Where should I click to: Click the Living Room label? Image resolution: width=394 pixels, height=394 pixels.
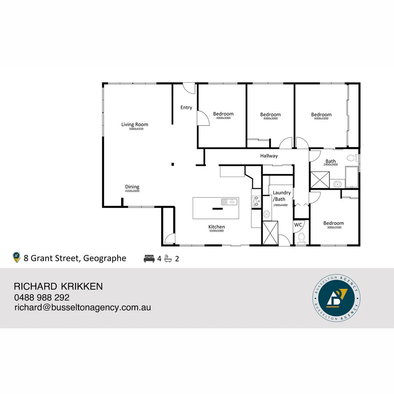(135, 124)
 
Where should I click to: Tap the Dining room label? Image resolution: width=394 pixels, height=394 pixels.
(132, 187)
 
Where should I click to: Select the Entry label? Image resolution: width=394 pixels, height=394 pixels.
(186, 107)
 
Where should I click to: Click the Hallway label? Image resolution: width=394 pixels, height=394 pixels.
(269, 156)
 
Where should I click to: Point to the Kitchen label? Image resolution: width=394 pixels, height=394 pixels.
(216, 227)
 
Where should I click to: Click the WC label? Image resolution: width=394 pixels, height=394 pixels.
(298, 225)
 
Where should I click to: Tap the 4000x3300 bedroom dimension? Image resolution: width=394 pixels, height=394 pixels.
(321, 119)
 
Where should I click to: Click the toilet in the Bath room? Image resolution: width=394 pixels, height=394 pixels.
(352, 158)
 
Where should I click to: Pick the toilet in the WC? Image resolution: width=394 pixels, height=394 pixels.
(301, 238)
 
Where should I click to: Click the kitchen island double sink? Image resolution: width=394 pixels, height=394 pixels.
(229, 202)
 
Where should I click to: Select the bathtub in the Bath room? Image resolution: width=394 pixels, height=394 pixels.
(352, 177)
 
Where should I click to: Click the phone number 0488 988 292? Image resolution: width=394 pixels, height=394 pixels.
(42, 297)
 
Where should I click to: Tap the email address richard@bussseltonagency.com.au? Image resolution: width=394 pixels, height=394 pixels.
(82, 307)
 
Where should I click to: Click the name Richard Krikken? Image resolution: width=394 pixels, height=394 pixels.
(58, 286)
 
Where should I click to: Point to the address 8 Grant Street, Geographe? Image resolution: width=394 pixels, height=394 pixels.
(75, 258)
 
